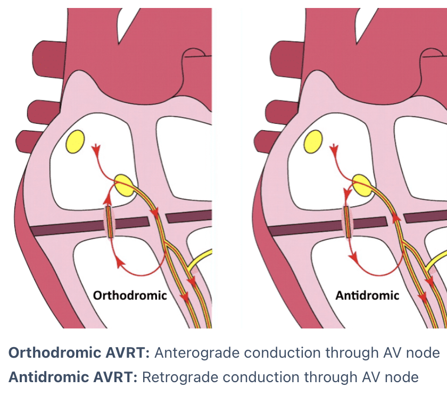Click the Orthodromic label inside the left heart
coord(130,295)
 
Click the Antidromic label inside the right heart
coord(367,295)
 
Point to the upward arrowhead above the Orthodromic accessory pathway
coord(108,199)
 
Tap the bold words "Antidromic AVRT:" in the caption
coord(73,377)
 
